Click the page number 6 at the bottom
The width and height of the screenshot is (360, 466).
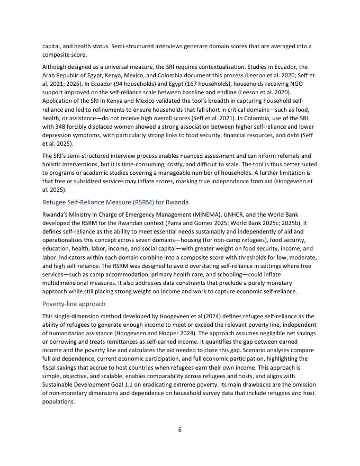point(179,429)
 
